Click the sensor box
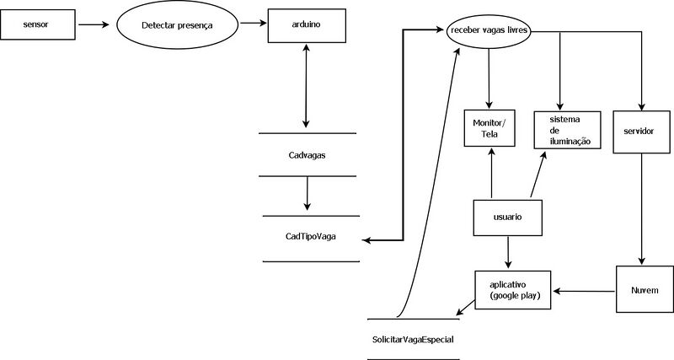coord(36,25)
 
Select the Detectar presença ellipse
coord(177,25)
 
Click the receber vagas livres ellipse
coord(490,32)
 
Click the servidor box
coord(644,132)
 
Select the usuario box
coord(507,218)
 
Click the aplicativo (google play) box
coord(513,290)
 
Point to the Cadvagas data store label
coord(307,156)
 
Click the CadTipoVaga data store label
coord(311,237)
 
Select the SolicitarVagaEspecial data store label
coord(413,339)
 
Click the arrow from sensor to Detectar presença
coord(94,25)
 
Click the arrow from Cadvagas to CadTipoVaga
coord(307,195)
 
